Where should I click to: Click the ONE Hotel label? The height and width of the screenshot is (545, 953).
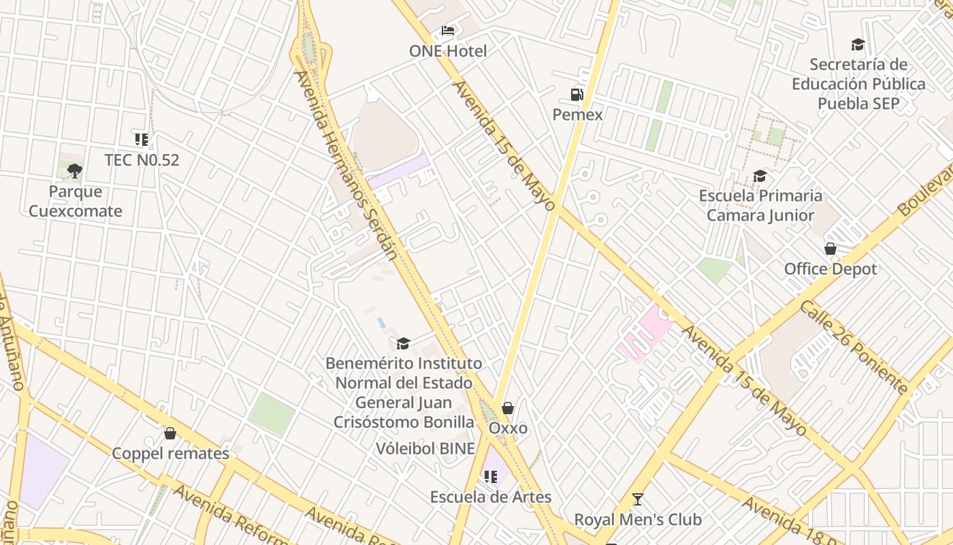tap(448, 51)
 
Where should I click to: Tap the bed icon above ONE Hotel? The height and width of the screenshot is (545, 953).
tap(448, 31)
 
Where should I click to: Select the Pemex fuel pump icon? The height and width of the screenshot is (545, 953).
tap(577, 94)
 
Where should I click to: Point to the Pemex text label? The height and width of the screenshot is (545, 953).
tap(577, 114)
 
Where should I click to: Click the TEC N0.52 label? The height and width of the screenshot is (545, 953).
tap(142, 160)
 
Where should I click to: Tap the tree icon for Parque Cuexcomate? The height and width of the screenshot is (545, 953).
tap(75, 171)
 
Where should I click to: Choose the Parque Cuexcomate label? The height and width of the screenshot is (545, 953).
tap(75, 201)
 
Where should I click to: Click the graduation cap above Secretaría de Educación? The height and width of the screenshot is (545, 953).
tap(858, 45)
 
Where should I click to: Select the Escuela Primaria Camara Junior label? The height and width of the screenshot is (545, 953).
tap(760, 206)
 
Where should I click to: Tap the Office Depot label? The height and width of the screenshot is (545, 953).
tap(830, 269)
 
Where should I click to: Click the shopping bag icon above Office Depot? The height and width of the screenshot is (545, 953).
tap(830, 249)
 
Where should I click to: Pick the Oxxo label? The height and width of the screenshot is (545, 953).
tap(508, 429)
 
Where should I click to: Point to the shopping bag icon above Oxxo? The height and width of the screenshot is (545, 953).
tap(508, 408)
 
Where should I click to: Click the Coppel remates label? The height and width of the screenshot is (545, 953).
tap(170, 454)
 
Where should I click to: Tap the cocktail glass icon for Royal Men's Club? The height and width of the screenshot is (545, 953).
tap(637, 499)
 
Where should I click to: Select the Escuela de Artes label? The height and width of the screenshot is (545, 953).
tap(490, 497)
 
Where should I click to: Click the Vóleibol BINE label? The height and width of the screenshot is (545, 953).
tap(425, 449)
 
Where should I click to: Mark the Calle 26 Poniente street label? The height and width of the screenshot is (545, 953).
tap(854, 347)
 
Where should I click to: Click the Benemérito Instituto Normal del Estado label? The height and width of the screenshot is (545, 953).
tap(404, 392)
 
